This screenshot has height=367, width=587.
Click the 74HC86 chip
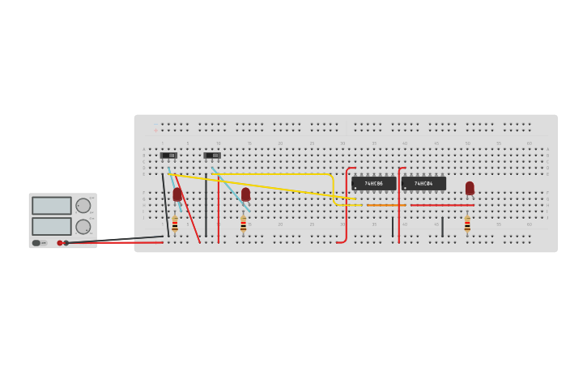click(373, 184)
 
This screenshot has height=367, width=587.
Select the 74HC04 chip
click(423, 184)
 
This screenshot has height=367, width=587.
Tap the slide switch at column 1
click(168, 156)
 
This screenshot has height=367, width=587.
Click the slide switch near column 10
click(212, 156)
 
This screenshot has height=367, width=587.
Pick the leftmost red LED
click(177, 194)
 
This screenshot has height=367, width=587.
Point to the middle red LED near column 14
click(245, 194)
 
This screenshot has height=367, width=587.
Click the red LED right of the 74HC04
click(470, 188)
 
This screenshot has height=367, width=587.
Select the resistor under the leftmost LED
click(175, 224)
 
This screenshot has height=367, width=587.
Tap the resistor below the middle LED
click(243, 224)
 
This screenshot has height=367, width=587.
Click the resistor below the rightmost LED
click(467, 224)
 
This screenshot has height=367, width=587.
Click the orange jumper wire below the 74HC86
click(386, 205)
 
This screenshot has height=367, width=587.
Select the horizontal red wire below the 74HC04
click(442, 205)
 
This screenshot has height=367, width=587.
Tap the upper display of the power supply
click(52, 206)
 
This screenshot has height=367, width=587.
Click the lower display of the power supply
click(52, 226)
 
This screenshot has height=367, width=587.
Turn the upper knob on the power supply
click(83, 206)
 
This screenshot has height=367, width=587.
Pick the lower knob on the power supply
click(83, 227)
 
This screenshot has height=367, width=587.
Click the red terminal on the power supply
click(60, 243)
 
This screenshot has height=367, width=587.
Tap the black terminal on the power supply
click(66, 243)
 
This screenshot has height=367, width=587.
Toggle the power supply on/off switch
click(37, 243)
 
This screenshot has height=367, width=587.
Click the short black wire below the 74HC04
click(442, 227)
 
